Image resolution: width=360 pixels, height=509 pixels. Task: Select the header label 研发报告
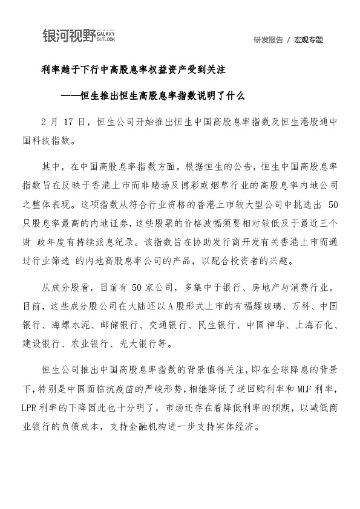(x=268, y=40)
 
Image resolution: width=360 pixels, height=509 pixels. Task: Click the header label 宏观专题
(x=309, y=40)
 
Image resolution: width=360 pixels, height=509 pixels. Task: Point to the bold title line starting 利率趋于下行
(x=133, y=71)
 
